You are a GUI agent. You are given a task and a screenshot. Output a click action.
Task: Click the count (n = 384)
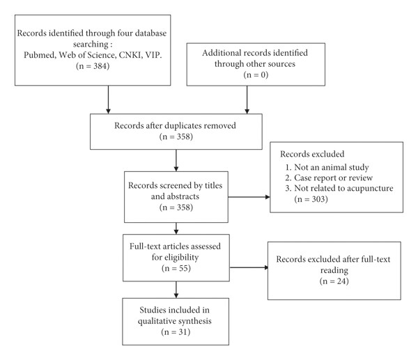click(93, 66)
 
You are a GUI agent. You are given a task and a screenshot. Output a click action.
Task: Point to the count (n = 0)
click(256, 75)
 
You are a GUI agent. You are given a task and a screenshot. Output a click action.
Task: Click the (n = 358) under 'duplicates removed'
click(176, 136)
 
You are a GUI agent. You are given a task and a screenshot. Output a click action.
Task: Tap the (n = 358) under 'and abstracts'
click(176, 208)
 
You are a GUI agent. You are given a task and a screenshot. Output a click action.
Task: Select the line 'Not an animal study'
click(327, 167)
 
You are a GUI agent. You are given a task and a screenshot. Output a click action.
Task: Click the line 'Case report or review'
click(329, 178)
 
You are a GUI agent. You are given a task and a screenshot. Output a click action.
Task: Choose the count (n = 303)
click(311, 199)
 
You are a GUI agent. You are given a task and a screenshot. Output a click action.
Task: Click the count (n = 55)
click(176, 268)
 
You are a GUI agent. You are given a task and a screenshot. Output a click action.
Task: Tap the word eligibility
click(175, 257)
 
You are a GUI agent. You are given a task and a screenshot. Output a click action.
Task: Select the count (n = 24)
click(334, 281)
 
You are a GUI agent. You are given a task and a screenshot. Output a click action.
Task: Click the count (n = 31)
click(176, 332)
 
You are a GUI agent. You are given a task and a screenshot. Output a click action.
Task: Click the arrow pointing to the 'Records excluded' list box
click(249, 197)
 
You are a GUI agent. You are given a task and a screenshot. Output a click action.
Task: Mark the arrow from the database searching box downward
click(108, 100)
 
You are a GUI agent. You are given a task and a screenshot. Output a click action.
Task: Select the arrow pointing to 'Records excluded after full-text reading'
click(249, 267)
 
